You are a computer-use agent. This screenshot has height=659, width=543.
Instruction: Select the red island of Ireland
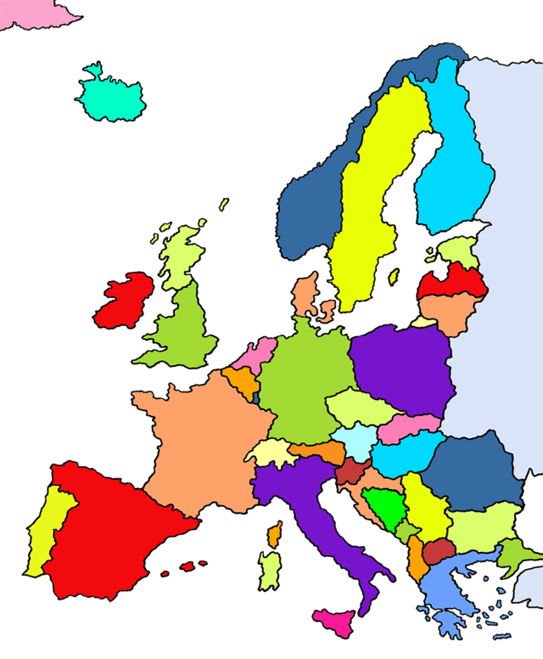coord(126,301)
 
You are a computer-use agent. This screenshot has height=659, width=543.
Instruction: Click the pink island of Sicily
coord(334,622)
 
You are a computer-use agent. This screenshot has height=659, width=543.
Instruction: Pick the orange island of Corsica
coord(274,535)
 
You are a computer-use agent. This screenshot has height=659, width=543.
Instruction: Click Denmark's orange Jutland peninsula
coord(305,293)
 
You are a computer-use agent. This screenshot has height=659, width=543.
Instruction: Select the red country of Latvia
coord(454,281)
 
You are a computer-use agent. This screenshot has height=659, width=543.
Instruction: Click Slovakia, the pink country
coord(408,427)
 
